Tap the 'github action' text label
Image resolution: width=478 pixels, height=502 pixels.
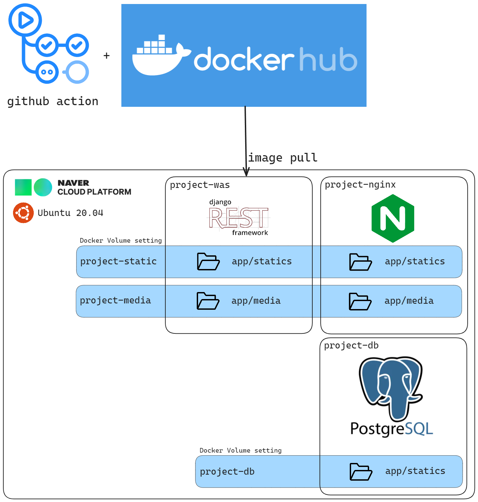click(x=53, y=101)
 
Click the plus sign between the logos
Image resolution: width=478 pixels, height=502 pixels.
click(x=107, y=55)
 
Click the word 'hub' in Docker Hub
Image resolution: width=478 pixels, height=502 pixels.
click(x=328, y=59)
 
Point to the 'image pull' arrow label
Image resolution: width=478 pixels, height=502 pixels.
click(x=283, y=158)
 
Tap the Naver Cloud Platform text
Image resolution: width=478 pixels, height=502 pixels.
click(x=94, y=187)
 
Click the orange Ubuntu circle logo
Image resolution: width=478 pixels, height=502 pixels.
click(x=23, y=213)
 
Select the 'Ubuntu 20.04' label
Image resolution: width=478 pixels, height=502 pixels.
click(x=70, y=213)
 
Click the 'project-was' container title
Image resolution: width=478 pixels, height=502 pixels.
click(x=200, y=185)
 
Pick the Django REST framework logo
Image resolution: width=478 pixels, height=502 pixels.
click(x=238, y=217)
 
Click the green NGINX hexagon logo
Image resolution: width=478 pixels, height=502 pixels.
click(x=393, y=218)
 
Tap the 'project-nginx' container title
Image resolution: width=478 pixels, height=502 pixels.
click(x=360, y=185)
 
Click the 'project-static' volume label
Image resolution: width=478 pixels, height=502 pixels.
click(x=118, y=261)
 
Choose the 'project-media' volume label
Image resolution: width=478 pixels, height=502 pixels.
click(x=115, y=300)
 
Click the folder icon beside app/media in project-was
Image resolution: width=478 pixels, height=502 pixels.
click(x=208, y=301)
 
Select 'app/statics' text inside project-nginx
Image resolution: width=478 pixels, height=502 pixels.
click(x=415, y=261)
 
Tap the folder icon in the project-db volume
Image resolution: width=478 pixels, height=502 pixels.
click(x=361, y=472)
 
